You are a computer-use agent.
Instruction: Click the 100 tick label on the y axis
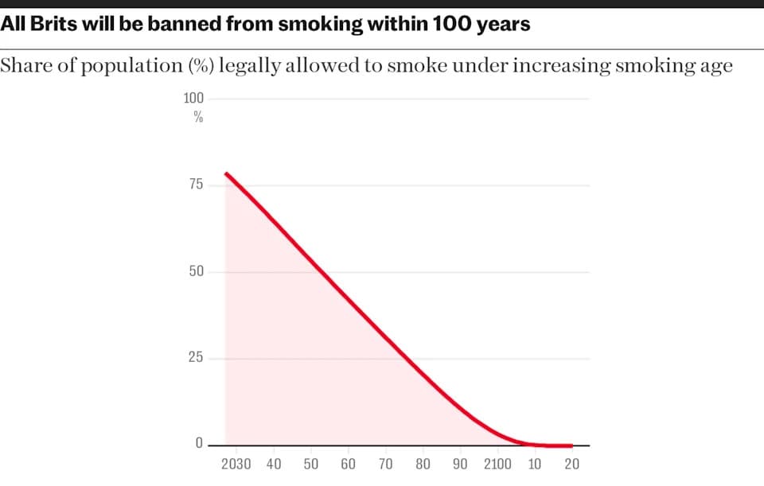click(194, 99)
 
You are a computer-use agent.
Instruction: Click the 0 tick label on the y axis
click(199, 444)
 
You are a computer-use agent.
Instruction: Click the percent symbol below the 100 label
click(198, 118)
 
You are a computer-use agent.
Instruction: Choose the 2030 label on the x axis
click(236, 465)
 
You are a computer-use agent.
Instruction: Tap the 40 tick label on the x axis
click(274, 465)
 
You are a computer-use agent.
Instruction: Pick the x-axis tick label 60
click(348, 465)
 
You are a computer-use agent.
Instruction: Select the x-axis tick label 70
click(385, 465)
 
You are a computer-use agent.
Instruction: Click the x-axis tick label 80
click(423, 465)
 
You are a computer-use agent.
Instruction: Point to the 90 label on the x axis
click(460, 465)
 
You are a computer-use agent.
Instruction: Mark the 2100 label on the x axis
click(497, 465)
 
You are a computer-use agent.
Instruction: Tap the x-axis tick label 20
click(571, 465)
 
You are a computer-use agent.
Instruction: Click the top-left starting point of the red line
click(226, 173)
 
